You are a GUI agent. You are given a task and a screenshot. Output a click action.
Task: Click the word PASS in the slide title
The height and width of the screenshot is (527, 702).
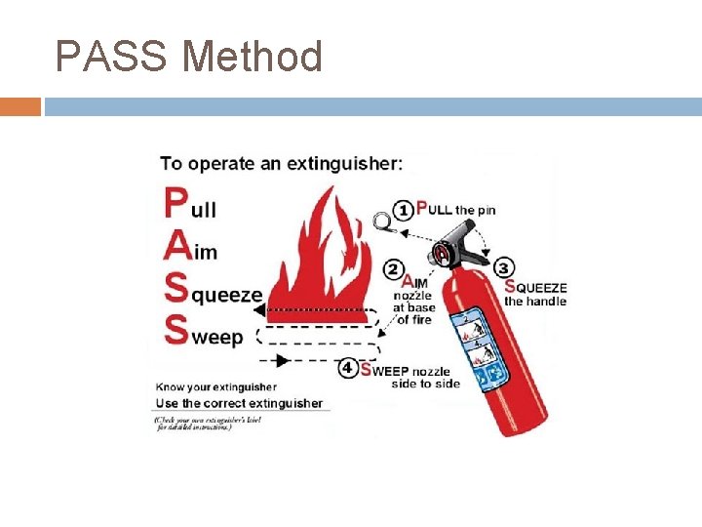click(110, 57)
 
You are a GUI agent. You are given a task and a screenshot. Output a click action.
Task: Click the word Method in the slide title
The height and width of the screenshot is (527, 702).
click(252, 57)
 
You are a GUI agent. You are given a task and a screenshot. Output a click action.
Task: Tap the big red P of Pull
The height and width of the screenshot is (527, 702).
click(175, 203)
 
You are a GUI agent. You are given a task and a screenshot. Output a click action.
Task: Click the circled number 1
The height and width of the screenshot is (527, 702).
click(403, 209)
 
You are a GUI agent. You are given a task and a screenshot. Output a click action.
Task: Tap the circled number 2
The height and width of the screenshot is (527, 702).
click(394, 269)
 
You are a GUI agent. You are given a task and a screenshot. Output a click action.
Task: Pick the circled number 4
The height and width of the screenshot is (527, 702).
click(348, 368)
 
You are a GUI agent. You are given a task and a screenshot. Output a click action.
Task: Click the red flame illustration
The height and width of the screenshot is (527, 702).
click(322, 254)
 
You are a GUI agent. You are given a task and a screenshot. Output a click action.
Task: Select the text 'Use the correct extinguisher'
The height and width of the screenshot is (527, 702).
click(240, 403)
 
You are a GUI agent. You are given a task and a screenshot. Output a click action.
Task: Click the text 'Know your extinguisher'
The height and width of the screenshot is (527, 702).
click(216, 387)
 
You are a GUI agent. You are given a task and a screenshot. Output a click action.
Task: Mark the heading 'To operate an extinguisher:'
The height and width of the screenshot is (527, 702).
click(281, 164)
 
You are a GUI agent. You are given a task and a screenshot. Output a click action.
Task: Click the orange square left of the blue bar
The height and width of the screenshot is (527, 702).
click(20, 106)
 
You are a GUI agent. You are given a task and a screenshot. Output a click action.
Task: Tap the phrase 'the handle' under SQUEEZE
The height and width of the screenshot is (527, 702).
click(534, 302)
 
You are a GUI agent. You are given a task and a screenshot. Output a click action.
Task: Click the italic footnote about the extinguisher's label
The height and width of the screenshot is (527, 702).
click(193, 423)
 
